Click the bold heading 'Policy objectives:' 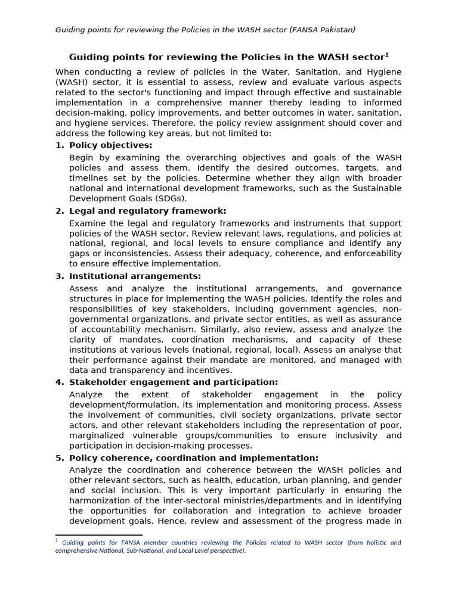[x=110, y=145]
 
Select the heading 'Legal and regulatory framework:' [x=147, y=211]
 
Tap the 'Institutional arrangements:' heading [x=135, y=276]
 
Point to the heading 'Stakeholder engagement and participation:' [x=174, y=382]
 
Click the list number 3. [x=59, y=276]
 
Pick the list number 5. [x=59, y=458]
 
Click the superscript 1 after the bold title [x=386, y=55]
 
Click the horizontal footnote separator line [x=98, y=536]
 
